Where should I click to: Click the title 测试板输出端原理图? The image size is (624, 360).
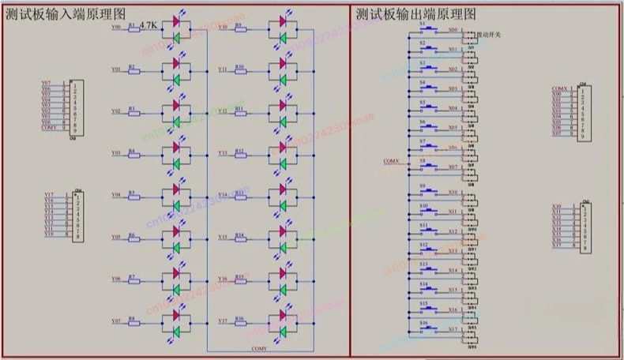point(415,13)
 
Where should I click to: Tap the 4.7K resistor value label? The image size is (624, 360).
point(148,26)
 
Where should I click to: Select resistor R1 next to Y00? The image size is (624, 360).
point(133,28)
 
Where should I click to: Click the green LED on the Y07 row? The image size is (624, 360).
point(176,331)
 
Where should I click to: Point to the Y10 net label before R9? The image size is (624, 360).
point(223,27)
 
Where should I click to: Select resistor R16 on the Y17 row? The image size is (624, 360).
point(239,322)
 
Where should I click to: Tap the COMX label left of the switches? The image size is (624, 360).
point(392,161)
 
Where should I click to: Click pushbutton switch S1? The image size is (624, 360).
point(430,29)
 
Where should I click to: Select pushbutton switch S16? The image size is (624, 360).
point(430,328)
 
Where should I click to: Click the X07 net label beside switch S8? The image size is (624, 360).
point(453,167)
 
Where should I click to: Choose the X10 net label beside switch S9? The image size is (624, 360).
point(453,192)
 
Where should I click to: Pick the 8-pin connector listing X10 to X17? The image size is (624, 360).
point(583,227)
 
